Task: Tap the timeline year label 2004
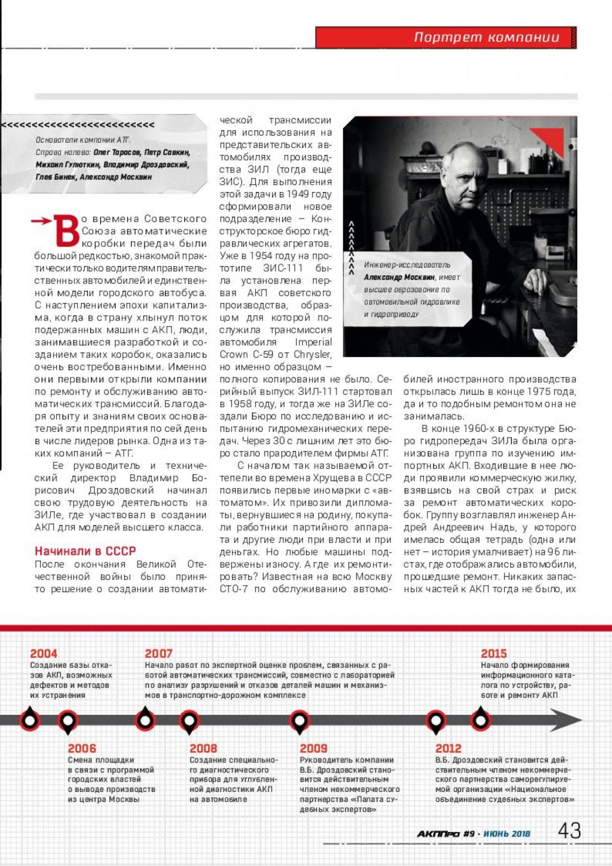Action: (43, 653)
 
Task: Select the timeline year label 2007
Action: (159, 653)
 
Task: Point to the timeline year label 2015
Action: (494, 653)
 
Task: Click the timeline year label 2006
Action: (82, 748)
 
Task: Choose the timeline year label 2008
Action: (203, 748)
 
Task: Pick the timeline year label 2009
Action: (313, 748)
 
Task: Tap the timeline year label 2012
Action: (448, 748)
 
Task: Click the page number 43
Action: (569, 831)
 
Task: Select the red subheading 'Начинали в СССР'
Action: (85, 551)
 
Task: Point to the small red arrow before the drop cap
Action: (41, 221)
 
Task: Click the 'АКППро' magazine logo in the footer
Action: (438, 834)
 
